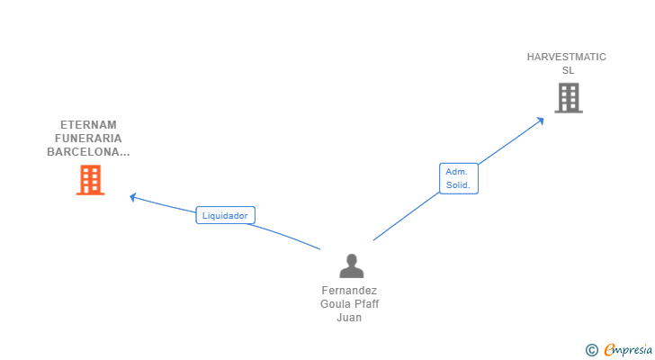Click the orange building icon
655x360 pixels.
[x=90, y=180]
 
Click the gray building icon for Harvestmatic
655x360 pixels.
[x=569, y=98]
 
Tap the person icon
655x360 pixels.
[x=351, y=265]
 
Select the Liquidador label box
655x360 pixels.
[x=226, y=215]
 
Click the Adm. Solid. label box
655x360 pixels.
[x=459, y=178]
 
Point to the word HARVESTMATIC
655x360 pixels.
[x=567, y=57]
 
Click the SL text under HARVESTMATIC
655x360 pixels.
[x=567, y=70]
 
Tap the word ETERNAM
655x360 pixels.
[x=88, y=125]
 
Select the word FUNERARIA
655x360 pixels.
[x=88, y=139]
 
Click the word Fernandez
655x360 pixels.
[x=349, y=291]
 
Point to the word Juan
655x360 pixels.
[x=349, y=318]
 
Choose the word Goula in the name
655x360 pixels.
[x=335, y=304]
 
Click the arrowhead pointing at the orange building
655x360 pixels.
[x=133, y=197]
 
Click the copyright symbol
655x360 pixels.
[x=591, y=350]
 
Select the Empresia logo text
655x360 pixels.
[x=628, y=349]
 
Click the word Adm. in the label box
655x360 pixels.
[x=455, y=171]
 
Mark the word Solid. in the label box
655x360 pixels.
[x=459, y=186]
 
